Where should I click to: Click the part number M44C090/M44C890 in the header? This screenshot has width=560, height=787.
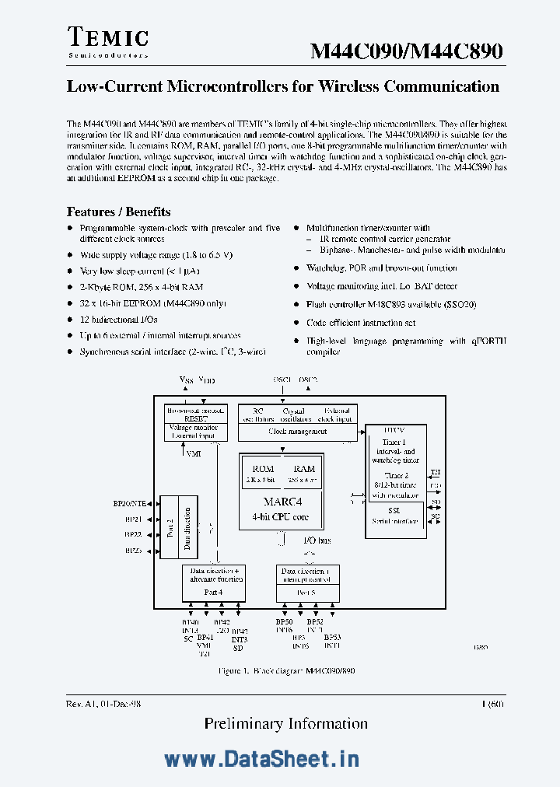tap(407, 52)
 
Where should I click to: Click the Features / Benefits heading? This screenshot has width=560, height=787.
tap(118, 212)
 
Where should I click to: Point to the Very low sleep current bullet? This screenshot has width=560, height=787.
tap(138, 271)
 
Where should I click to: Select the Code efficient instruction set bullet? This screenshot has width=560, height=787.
tap(361, 322)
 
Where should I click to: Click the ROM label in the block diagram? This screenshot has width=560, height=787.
tap(264, 469)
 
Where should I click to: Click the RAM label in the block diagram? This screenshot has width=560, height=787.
tap(304, 469)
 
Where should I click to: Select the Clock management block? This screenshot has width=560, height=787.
tap(297, 431)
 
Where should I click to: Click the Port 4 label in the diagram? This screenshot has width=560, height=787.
tap(214, 593)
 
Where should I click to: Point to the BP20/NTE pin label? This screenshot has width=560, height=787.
tap(129, 503)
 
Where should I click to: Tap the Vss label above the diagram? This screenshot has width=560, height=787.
tap(186, 380)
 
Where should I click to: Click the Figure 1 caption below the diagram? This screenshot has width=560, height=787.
tap(287, 670)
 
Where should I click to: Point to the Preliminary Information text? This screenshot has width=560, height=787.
tap(286, 723)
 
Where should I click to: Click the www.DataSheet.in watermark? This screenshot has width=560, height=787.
tap(261, 759)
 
